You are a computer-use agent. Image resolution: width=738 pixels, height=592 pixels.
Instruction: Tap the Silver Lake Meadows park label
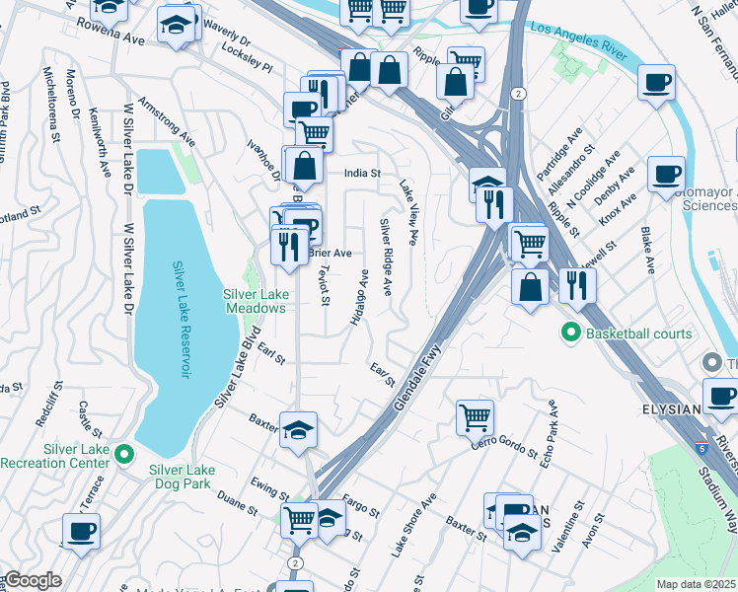(254, 303)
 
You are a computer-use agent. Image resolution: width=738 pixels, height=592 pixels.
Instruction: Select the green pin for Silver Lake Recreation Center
(123, 454)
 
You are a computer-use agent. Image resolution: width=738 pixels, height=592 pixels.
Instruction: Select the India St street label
(362, 173)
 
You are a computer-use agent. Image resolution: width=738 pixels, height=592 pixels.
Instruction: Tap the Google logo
(32, 580)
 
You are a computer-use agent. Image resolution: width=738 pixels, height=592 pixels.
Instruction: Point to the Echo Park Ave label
(551, 433)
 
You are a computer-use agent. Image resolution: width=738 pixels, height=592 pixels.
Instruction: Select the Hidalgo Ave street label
(358, 297)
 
